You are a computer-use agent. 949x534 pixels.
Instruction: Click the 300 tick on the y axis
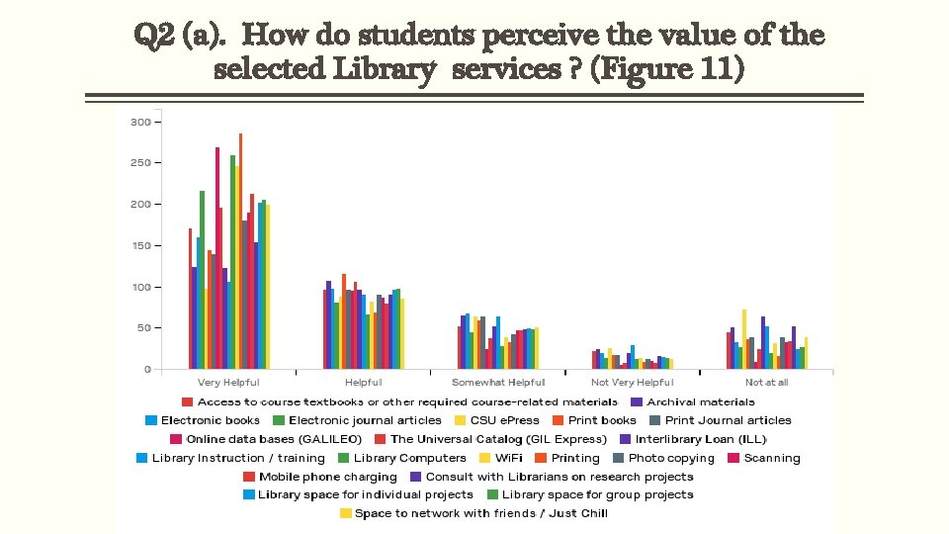139,122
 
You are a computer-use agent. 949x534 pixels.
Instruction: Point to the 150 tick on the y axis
139,245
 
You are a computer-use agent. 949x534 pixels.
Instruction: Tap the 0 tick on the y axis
146,369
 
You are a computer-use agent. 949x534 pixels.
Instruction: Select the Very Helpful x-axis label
228,383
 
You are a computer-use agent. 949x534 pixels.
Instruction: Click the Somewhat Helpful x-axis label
498,383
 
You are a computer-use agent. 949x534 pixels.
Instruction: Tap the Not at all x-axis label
767,383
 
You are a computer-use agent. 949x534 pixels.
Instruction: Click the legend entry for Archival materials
700,401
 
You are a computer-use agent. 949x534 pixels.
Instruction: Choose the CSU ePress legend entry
504,420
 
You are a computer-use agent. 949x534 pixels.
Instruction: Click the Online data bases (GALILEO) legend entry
274,439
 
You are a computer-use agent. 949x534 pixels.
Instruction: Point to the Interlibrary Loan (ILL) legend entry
701,439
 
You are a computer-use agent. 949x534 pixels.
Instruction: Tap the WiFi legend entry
508,458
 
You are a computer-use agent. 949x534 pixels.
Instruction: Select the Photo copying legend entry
670,458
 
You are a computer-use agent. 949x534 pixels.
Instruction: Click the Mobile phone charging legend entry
327,477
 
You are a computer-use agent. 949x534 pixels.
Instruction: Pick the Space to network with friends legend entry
480,513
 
